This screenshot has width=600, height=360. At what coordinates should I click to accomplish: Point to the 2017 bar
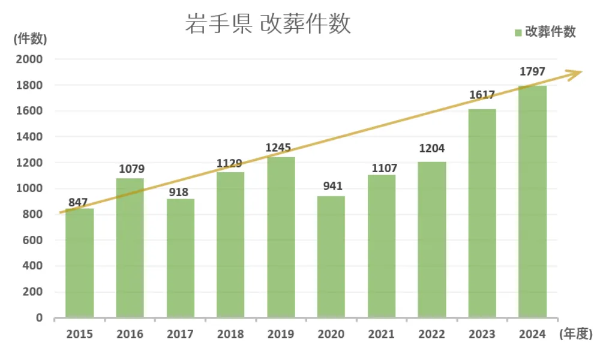180,258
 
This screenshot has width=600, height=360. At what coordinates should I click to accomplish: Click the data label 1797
532,73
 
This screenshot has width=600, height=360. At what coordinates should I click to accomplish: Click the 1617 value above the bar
482,95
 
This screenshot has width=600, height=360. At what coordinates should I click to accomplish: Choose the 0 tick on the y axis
40,318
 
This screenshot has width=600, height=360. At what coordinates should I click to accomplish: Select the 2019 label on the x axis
281,334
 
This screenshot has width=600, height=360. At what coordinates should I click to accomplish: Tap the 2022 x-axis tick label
432,334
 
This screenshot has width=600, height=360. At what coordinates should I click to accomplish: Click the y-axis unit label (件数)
29,39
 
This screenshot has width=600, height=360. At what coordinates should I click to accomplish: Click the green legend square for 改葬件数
518,32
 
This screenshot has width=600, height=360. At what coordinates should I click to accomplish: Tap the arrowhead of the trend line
577,73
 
